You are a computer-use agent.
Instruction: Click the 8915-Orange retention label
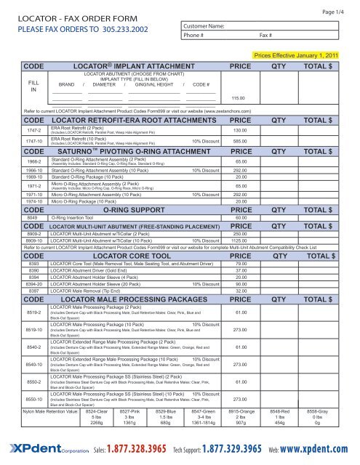[x=241, y=411]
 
